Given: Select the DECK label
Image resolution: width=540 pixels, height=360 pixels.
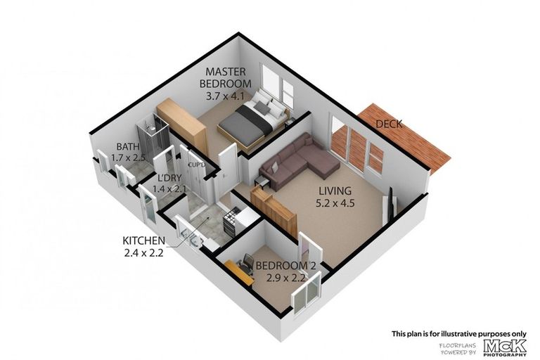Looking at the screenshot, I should [389, 124].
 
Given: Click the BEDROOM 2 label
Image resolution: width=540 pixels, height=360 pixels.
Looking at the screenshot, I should [282, 265].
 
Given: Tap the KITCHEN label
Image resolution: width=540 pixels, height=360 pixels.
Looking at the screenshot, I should [143, 240].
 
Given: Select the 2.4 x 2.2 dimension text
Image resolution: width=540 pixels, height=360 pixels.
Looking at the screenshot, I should [143, 254].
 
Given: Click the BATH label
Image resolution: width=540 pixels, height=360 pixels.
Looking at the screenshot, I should [127, 147].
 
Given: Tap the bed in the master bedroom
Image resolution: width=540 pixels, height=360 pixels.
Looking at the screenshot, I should [250, 121].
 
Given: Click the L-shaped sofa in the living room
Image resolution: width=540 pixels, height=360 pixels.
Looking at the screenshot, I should [299, 162].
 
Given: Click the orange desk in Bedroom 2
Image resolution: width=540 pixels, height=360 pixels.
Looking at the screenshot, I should [239, 271].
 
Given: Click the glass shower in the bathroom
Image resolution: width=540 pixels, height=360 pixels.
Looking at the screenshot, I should [155, 138].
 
